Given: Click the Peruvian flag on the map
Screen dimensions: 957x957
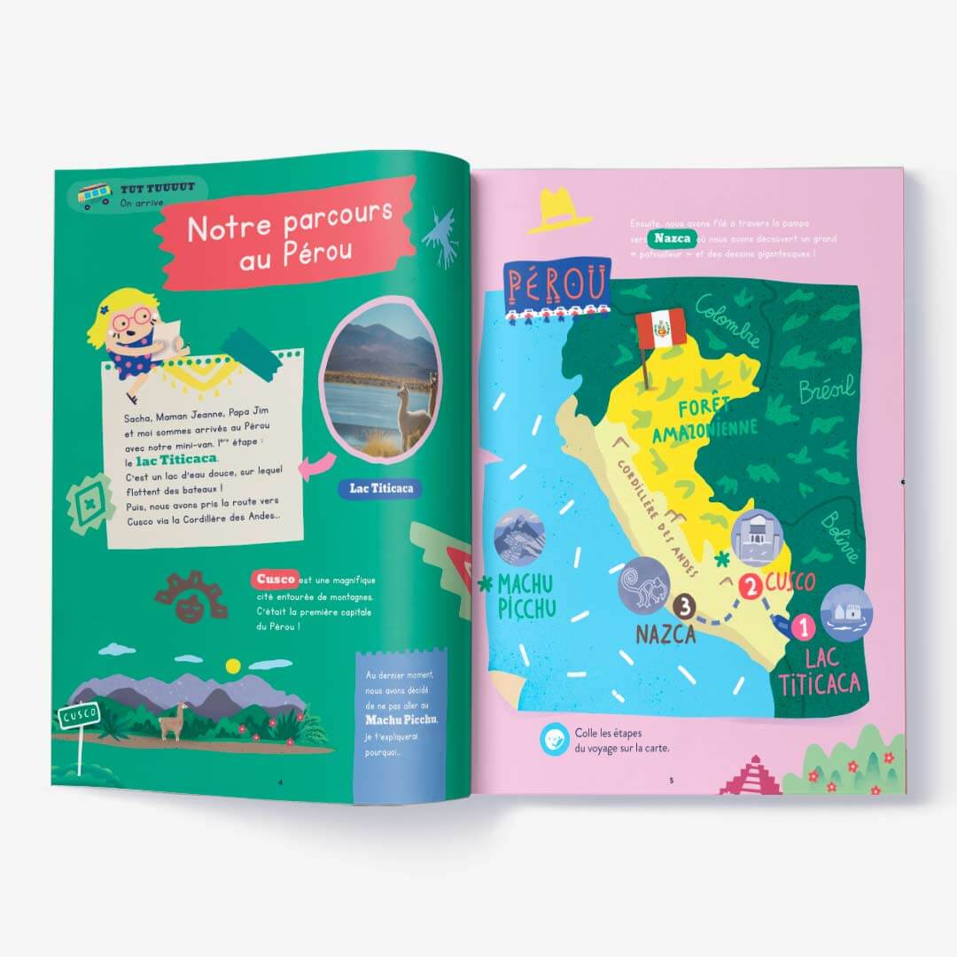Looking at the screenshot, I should coord(660,329).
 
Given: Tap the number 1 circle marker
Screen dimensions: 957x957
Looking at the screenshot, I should coord(802,629).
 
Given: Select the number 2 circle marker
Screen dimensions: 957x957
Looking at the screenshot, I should coord(750,586).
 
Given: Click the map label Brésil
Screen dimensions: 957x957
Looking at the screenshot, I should coord(826,388).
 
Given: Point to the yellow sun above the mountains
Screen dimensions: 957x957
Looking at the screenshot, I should coord(233,665).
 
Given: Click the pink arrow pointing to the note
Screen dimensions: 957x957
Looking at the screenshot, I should coord(317,464).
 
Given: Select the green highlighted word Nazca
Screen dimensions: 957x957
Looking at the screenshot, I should coord(672,239).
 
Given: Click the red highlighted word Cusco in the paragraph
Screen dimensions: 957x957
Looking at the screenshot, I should coord(275,579).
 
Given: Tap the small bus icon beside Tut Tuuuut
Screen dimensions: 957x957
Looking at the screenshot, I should coord(94,194).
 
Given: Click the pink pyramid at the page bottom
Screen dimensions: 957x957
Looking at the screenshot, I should coord(751,777).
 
